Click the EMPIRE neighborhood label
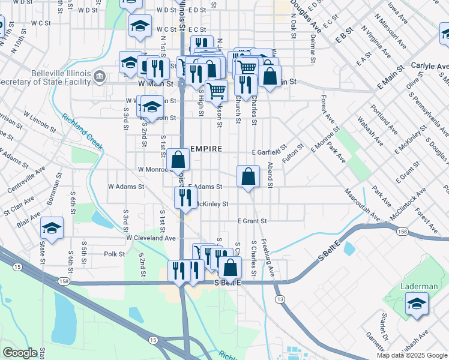point(206,149)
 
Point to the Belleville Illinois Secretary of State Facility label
point(45,77)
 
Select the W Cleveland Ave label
point(151,238)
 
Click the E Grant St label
point(252,221)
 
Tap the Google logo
point(20,353)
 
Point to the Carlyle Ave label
point(430,66)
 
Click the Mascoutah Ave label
point(362,205)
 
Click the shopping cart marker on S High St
point(216,91)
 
